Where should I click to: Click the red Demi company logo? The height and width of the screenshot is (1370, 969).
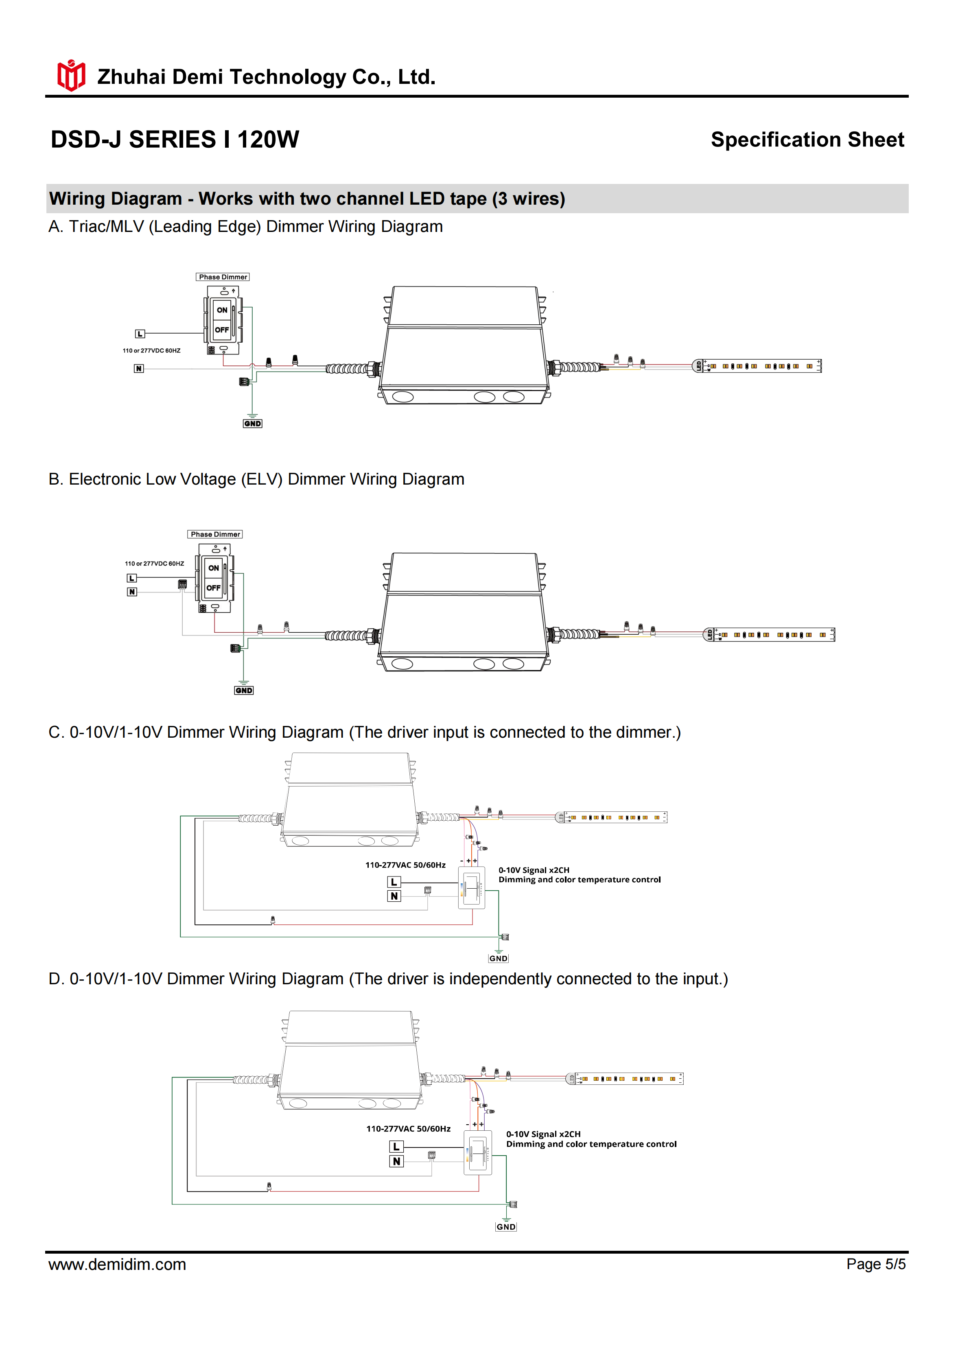coord(71,76)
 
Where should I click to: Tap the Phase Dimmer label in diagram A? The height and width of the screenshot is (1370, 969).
coord(223,277)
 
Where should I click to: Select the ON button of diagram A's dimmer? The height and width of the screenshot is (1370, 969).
coord(222,310)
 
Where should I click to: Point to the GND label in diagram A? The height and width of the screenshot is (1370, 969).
coord(252,424)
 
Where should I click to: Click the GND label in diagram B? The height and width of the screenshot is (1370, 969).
coord(243,690)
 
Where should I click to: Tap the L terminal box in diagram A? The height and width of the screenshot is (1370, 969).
coord(140,334)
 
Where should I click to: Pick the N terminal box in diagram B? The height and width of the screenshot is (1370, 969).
coord(132,592)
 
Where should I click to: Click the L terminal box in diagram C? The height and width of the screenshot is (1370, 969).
coord(394,882)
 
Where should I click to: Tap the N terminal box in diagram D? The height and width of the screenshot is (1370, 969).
coord(396,1161)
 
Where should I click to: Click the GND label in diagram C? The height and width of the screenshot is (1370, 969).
coord(498,958)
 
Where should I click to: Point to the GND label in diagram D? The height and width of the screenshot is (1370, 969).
coord(505,1227)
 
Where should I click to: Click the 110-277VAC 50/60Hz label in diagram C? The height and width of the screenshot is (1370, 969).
coord(405,865)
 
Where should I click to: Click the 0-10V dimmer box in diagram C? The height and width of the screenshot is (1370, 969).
coord(471,888)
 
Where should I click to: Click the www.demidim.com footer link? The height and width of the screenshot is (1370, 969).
coord(118,1264)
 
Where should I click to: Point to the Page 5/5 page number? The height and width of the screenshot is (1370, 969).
coord(875,1264)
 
